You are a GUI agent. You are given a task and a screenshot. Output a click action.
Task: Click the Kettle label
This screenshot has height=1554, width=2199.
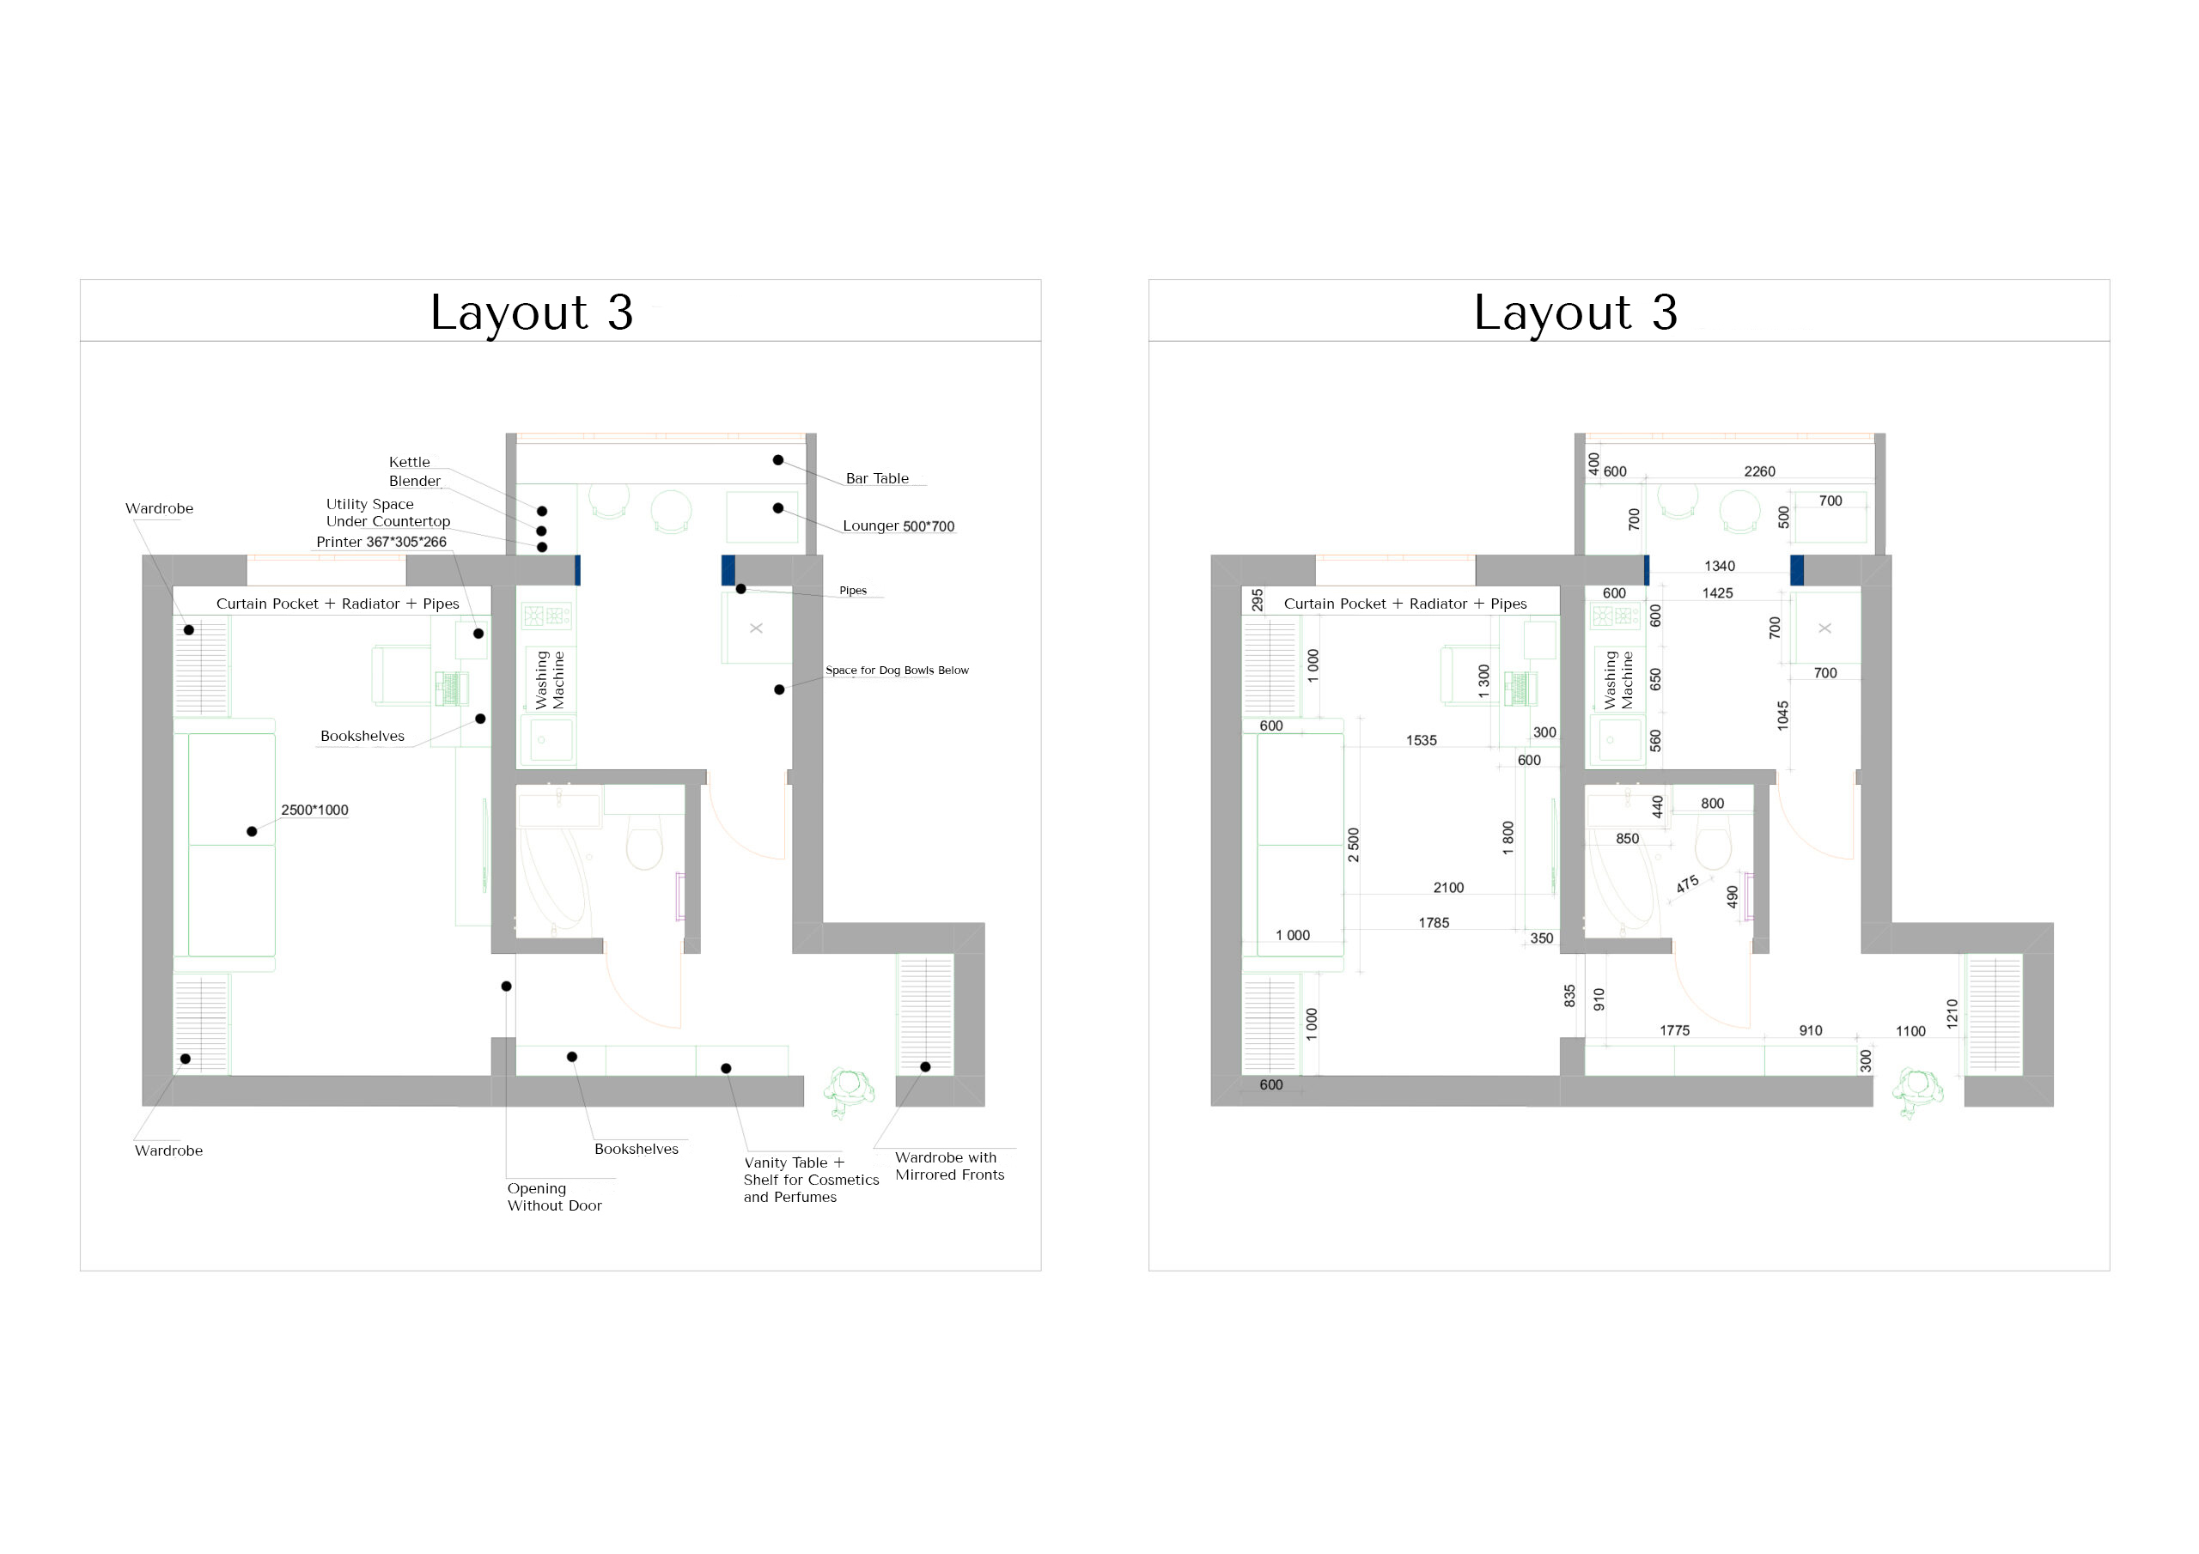pos(409,463)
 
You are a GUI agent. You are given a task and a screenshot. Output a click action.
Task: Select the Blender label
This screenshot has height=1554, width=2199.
pos(415,482)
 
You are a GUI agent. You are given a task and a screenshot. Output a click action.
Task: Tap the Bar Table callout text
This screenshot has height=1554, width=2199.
pos(877,479)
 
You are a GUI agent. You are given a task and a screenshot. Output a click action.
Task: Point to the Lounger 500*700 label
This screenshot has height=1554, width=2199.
pos(898,525)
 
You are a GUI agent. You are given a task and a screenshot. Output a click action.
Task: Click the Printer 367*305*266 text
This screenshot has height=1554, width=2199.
pos(381,542)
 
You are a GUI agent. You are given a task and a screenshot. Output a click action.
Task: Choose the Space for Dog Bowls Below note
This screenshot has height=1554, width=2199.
pos(898,671)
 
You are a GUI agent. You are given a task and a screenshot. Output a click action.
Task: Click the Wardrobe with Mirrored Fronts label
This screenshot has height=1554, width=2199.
pos(950,1166)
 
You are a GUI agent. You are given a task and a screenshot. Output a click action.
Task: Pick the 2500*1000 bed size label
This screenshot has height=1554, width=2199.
pos(315,810)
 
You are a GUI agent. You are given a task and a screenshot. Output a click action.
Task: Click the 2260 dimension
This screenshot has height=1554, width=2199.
pos(1759,472)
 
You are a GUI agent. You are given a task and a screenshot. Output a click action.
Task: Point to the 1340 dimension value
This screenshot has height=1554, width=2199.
pos(1719,567)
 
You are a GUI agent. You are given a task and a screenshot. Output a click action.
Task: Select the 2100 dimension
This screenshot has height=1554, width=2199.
pos(1448,889)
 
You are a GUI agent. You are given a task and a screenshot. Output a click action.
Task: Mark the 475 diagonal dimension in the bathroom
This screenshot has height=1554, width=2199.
pos(1688,883)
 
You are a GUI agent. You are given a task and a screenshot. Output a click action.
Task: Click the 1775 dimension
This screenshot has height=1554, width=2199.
pos(1674,1031)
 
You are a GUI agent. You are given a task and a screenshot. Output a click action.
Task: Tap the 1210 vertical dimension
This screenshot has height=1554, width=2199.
pos(1952,1014)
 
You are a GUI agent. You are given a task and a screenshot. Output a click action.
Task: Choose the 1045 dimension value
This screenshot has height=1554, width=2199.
pos(1782,715)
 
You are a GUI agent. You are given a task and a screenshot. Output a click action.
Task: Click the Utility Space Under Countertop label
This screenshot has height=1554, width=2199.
pos(388,513)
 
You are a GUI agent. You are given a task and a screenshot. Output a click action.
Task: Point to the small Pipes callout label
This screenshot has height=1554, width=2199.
pos(852,591)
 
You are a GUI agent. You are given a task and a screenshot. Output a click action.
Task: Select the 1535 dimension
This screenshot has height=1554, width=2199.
pos(1422,741)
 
